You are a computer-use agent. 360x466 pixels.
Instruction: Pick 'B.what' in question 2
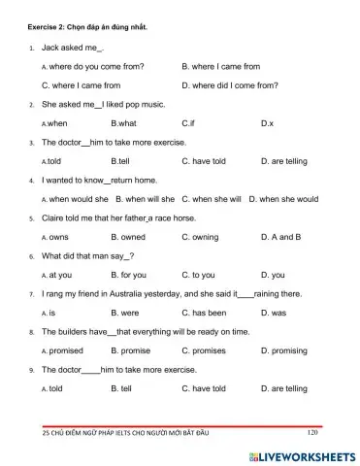(123, 123)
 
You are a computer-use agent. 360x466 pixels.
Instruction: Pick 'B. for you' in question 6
(128, 275)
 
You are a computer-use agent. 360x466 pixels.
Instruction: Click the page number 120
(311, 433)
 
